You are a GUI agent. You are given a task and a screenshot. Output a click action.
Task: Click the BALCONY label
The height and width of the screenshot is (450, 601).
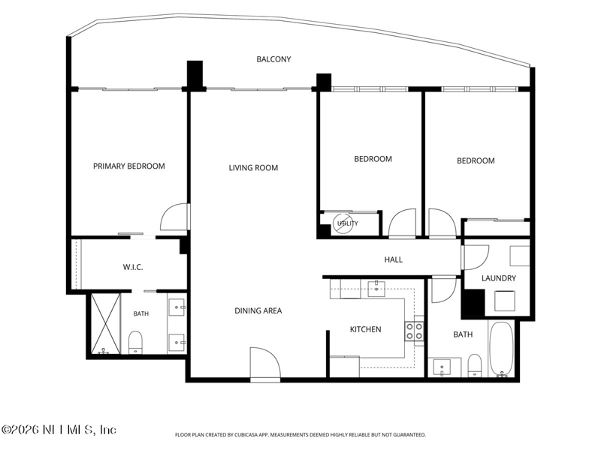273,59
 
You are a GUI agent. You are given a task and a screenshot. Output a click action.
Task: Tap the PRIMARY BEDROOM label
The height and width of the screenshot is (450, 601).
129,166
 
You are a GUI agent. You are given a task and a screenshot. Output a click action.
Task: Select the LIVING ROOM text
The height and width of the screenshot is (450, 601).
253,167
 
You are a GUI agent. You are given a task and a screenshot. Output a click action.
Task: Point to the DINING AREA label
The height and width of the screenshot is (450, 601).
258,310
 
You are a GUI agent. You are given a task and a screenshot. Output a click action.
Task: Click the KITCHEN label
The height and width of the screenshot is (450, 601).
366,329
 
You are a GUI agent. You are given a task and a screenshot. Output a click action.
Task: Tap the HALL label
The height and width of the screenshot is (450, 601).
394,259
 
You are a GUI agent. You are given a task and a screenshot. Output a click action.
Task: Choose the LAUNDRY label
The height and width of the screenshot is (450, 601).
499,278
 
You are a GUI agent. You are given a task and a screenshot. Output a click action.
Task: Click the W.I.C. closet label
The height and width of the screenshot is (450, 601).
133,267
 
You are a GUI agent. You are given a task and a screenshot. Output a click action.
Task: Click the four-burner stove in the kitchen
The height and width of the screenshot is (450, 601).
415,331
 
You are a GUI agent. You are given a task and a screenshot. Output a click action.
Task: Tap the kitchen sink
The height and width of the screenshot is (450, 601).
376,289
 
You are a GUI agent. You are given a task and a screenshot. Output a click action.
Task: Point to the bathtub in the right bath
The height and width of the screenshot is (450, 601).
502,349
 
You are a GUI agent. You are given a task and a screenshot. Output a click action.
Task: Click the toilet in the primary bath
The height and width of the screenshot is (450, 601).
135,342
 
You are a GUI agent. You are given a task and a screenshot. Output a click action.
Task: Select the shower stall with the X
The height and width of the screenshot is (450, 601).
105,324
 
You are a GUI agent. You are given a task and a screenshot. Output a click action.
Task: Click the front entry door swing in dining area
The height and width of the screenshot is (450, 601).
265,364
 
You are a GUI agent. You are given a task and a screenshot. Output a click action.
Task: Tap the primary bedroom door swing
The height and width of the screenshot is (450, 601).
175,217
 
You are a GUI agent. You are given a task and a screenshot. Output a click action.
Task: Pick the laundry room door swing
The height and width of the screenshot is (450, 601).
476,257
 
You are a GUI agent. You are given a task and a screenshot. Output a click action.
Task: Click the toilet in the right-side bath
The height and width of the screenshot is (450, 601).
475,365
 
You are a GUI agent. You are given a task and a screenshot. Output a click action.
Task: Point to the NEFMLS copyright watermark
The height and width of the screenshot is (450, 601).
59,430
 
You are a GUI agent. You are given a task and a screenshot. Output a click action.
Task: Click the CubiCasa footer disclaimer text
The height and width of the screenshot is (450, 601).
300,435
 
